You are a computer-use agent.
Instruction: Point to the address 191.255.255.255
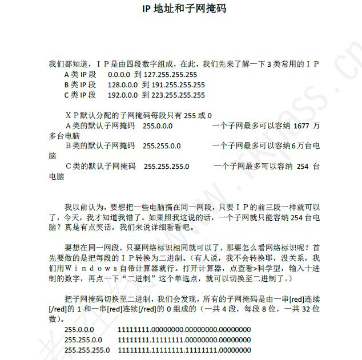tap(178, 84)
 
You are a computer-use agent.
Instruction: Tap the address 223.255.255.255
tap(178, 95)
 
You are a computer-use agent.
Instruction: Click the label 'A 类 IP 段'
tap(81, 74)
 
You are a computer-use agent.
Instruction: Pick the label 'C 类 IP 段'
tap(81, 95)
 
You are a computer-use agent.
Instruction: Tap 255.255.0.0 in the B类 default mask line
tap(162, 145)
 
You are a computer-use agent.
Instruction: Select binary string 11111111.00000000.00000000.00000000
tap(184, 330)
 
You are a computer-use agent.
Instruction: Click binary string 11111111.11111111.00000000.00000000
tap(184, 340)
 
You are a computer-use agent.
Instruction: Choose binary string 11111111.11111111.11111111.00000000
tap(184, 350)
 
